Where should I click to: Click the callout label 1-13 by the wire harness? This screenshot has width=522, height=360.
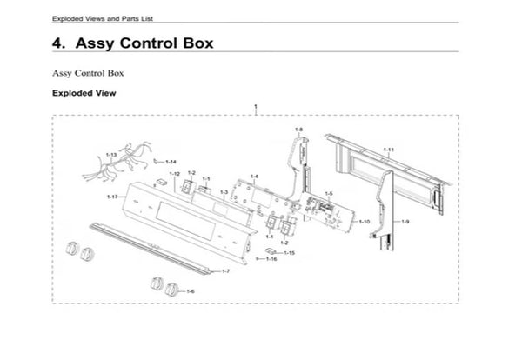point(111,154)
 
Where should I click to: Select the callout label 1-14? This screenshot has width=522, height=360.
point(171,162)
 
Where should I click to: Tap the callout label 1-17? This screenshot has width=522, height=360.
point(112,197)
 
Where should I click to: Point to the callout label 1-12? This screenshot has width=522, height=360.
point(174,175)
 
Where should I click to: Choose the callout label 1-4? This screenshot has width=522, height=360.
point(254,177)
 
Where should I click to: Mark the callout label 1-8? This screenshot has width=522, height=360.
point(298,130)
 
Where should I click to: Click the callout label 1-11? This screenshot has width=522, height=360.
point(389,150)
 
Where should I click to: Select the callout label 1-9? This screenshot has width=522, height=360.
point(405,223)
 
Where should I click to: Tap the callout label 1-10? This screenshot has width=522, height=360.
point(365,222)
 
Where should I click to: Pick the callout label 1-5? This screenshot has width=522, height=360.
point(329,193)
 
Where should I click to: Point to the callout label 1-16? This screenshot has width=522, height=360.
point(271,259)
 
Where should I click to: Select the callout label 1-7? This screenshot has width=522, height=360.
point(224,272)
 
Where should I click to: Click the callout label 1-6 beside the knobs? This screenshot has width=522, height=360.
point(190,290)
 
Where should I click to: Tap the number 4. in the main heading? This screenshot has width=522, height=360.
point(61,43)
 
